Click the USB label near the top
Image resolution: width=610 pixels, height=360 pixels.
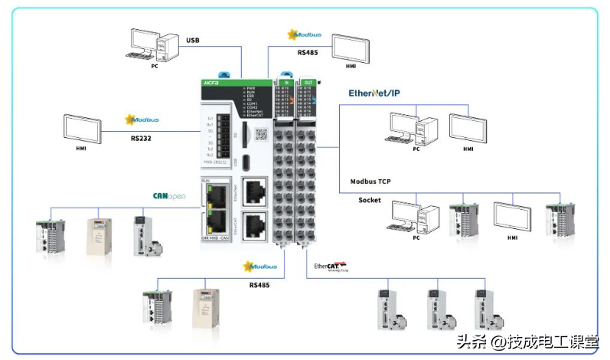coord(192,40)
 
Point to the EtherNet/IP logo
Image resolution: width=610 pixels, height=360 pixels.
coord(374,93)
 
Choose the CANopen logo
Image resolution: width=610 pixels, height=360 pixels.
coord(170,196)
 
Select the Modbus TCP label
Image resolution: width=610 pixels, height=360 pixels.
coord(376,182)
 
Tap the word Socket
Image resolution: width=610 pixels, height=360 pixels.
coord(370,200)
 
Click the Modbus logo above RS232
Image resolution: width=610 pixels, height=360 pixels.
coord(140,119)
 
